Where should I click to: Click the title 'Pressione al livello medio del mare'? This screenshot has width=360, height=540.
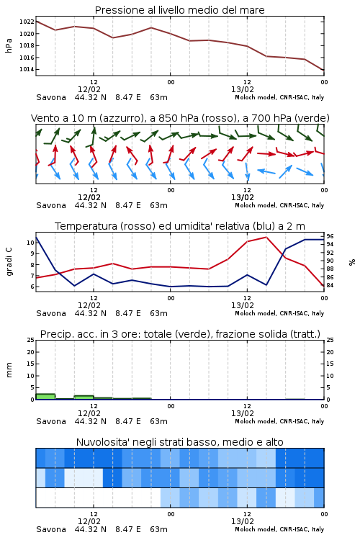click(x=180, y=10)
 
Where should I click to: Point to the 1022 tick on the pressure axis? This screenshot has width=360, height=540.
click(x=27, y=22)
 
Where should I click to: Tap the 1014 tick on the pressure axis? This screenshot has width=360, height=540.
click(x=27, y=69)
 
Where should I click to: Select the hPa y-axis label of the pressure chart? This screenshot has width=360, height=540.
click(x=9, y=45)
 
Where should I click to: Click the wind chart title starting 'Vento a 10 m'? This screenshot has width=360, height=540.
click(x=180, y=118)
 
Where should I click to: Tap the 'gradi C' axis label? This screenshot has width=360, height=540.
click(x=9, y=262)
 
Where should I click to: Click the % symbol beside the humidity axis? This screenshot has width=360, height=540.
click(x=352, y=262)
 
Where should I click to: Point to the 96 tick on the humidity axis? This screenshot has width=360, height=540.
click(x=330, y=236)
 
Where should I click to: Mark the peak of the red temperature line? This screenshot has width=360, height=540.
click(x=266, y=237)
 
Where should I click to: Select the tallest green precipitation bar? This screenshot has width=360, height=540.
click(x=45, y=397)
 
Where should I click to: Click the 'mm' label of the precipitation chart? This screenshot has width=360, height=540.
click(x=9, y=370)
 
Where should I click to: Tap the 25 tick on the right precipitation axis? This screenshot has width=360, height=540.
click(x=330, y=340)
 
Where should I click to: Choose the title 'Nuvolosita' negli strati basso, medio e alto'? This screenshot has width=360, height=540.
click(x=180, y=442)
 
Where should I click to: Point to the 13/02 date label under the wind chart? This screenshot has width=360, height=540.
click(x=243, y=198)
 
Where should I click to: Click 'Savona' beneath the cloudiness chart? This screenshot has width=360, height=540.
click(x=51, y=529)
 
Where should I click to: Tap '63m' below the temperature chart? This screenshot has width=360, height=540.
click(x=159, y=313)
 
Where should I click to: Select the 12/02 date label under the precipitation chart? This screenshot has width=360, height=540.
click(x=89, y=413)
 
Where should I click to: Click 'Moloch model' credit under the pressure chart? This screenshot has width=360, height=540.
click(x=256, y=97)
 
